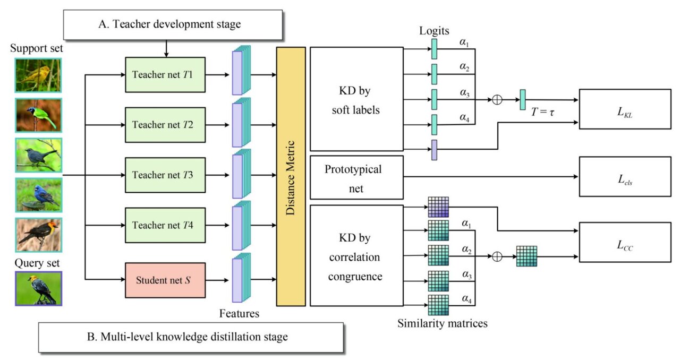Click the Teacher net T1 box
165,75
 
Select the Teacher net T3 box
165,175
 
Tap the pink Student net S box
165,280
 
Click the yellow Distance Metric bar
291,176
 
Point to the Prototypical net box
356,177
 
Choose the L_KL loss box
625,109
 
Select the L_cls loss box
625,177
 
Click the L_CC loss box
625,242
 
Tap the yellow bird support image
38,75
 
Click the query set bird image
39,288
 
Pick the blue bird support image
39,195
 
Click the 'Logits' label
434,31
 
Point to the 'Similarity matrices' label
443,323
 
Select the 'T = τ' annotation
543,113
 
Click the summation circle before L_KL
497,100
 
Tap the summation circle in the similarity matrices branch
497,256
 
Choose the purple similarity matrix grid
438,207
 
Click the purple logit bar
435,150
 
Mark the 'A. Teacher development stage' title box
173,24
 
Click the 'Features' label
239,313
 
